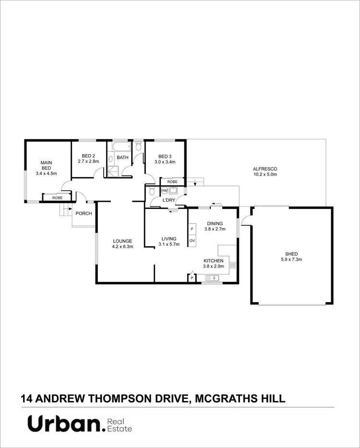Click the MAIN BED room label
point(46,165)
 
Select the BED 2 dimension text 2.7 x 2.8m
point(89,161)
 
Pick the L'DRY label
point(169,200)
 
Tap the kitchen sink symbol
point(212,278)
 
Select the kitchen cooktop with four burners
point(233,265)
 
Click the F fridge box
point(192,230)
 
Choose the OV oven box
point(192,241)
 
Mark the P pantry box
point(192,278)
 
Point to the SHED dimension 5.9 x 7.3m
point(291,259)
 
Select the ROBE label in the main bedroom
point(57,197)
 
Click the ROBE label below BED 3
point(172,182)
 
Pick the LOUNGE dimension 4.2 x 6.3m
point(122,246)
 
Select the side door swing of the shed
point(245,219)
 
